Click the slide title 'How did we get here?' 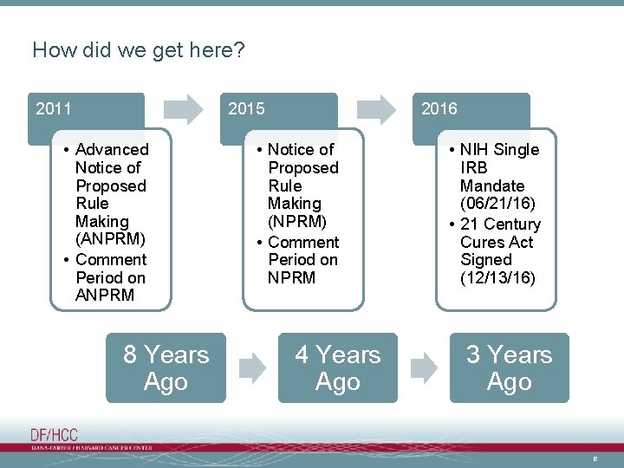[x=139, y=50]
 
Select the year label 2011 [x=54, y=109]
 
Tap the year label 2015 [x=246, y=109]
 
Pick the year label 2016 [x=439, y=109]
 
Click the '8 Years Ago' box [x=166, y=368]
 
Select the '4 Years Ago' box [x=337, y=368]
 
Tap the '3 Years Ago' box [x=509, y=368]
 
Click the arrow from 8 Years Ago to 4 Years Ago [x=252, y=368]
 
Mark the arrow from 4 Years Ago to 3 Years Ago [x=424, y=368]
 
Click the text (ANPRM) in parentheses [x=110, y=239]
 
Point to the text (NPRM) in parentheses [x=297, y=222]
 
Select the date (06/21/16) [x=497, y=204]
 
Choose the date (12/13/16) [x=497, y=278]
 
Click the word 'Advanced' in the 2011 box [x=112, y=150]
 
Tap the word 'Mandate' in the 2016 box [x=491, y=185]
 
